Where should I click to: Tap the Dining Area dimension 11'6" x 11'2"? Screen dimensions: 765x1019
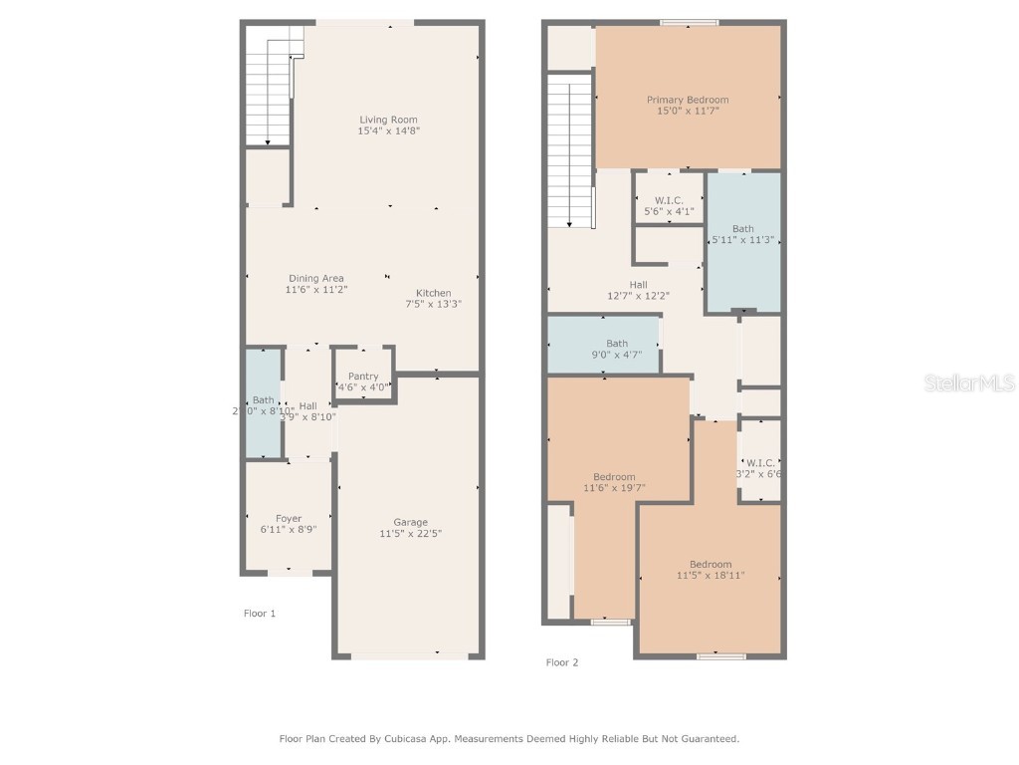pos(316,290)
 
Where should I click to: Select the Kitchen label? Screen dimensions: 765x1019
pos(433,293)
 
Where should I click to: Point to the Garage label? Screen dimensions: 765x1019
pos(410,522)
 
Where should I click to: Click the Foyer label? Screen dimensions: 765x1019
pos(289,519)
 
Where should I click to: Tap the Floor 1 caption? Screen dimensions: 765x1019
pos(260,614)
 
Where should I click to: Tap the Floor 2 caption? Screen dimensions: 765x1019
pos(562,662)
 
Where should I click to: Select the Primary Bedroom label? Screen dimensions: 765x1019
pos(688,100)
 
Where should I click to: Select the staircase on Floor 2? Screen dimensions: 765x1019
pos(569,149)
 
